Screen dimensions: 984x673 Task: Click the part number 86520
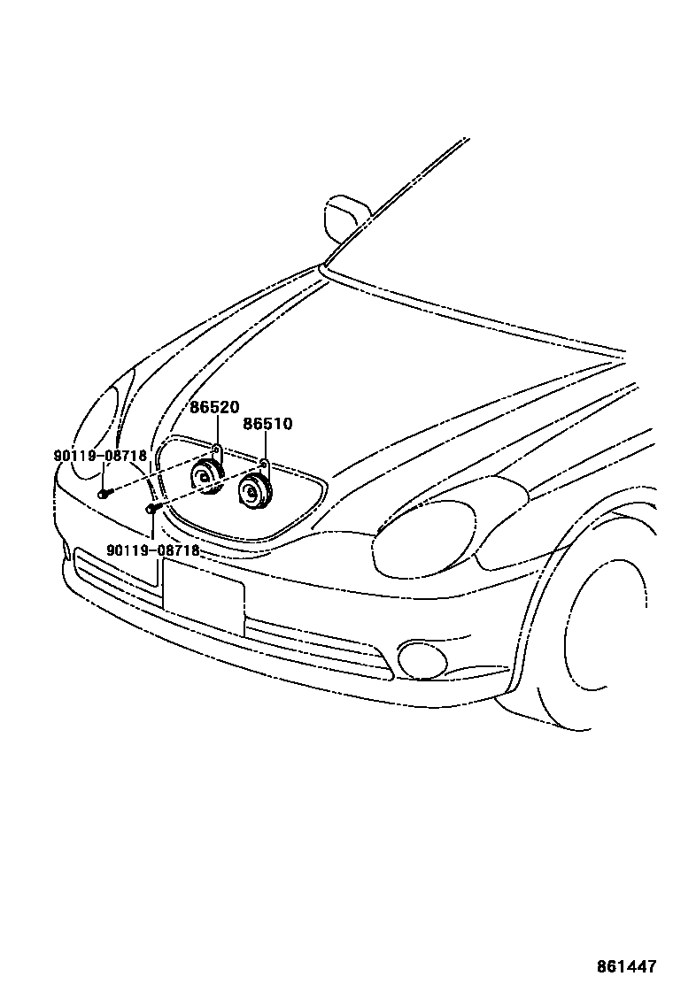tap(214, 408)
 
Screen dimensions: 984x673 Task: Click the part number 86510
tap(267, 425)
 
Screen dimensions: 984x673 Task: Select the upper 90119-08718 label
tap(100, 456)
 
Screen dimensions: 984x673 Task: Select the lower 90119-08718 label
tap(152, 550)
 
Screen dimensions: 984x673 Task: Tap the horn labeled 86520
tap(208, 477)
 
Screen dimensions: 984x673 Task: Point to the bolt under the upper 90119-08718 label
tap(103, 492)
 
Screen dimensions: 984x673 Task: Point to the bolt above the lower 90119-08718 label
tap(151, 509)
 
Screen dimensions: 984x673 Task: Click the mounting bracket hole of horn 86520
tap(217, 449)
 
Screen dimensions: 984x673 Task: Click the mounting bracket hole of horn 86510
tap(264, 463)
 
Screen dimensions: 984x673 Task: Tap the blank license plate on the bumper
tap(203, 596)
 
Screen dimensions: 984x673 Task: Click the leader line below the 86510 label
tap(265, 445)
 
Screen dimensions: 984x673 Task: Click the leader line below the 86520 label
tap(215, 431)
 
